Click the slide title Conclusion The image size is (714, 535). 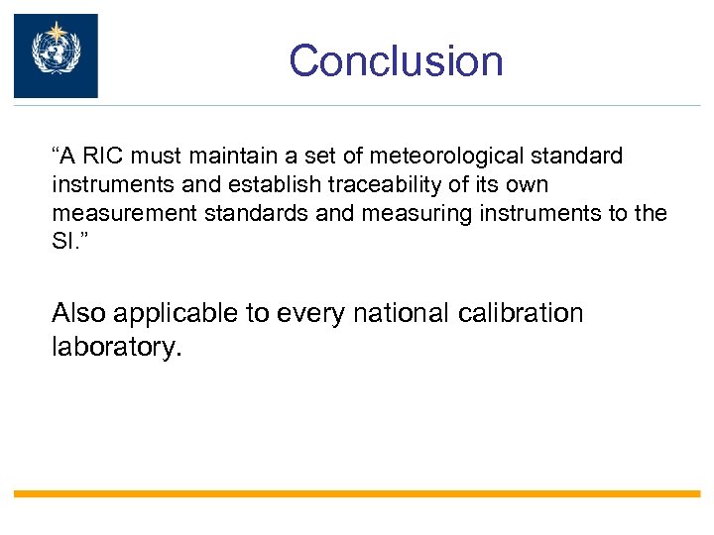[396, 60]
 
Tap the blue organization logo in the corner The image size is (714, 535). [56, 55]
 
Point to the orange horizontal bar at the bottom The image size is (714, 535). [357, 493]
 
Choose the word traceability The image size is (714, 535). [377, 185]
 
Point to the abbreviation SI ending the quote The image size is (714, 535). [60, 243]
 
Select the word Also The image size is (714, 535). [78, 314]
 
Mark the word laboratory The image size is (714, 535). [115, 349]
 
